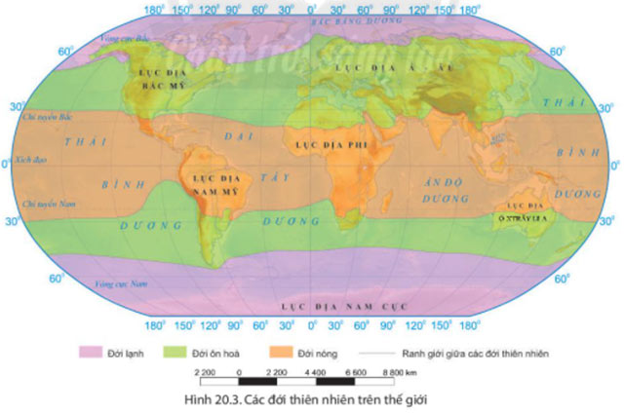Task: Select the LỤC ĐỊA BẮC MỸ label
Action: click(154, 78)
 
